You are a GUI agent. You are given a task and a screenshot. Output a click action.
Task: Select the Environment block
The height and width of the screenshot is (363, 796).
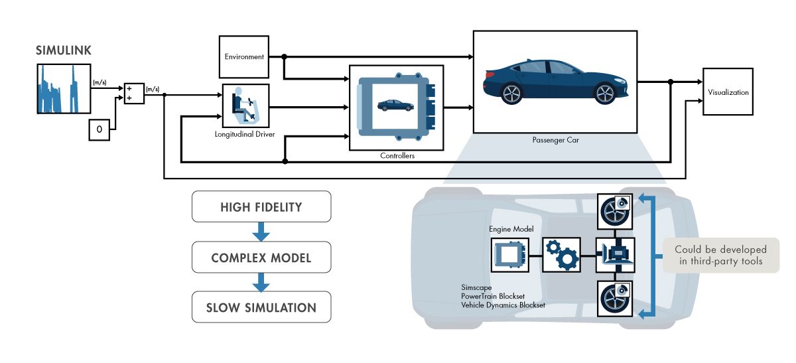coord(243,57)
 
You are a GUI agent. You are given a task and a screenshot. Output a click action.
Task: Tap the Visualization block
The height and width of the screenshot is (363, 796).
coord(728,92)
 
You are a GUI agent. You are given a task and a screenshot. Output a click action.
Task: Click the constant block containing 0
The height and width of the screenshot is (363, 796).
coord(99,131)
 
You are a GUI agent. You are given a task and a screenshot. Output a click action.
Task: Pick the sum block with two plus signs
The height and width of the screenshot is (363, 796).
coord(134,94)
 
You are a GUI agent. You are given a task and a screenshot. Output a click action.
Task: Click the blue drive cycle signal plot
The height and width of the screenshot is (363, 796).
coord(64,89)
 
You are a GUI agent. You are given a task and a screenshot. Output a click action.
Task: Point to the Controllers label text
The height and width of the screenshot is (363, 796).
coord(397,156)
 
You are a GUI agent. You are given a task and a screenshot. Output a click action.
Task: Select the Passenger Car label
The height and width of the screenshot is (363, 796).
coord(556,140)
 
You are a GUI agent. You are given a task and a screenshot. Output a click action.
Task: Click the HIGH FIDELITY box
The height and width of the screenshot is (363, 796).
coord(261,206)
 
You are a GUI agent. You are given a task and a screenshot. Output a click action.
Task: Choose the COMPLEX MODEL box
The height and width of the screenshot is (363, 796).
coord(261,257)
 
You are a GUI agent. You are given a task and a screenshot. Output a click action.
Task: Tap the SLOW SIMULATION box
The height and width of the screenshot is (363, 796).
coord(261,307)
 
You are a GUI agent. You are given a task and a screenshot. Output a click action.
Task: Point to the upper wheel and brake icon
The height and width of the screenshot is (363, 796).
coord(614,210)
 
